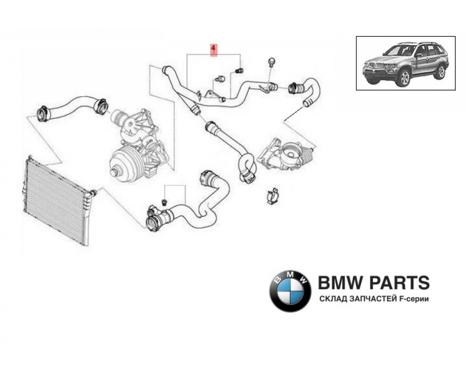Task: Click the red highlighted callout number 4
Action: point(214,49)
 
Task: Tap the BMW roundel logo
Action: point(290,290)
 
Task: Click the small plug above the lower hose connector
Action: point(164,201)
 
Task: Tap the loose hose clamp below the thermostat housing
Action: point(273,196)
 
